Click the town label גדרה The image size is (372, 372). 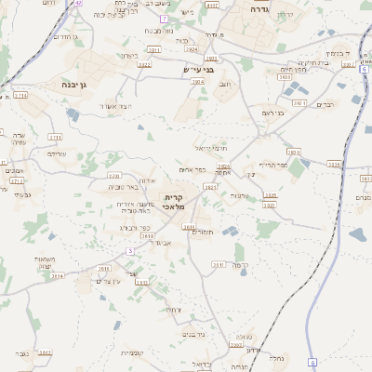tap(259, 8)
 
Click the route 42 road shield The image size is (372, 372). tap(78, 3)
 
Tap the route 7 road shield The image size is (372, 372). tap(164, 19)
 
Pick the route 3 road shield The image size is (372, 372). tap(130, 251)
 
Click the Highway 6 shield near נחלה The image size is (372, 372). tap(312, 362)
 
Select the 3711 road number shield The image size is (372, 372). tap(55, 138)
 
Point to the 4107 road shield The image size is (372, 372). tap(213, 5)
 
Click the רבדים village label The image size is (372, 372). tap(325, 104)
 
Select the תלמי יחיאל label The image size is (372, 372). tap(210, 148)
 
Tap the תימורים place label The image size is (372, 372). tap(202, 232)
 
